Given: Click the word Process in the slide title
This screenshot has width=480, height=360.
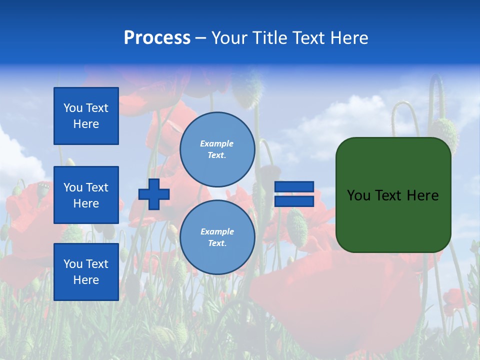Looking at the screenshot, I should (x=157, y=38).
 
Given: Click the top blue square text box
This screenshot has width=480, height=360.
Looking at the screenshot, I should (x=86, y=116).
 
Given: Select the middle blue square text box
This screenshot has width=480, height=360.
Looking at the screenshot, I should (x=86, y=195).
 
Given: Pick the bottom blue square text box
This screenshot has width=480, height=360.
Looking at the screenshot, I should (x=86, y=272).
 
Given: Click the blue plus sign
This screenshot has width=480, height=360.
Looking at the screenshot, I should (x=154, y=194).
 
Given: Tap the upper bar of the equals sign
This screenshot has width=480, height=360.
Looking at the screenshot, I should (x=294, y=186).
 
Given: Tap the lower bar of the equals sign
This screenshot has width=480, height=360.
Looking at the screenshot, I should (x=294, y=201).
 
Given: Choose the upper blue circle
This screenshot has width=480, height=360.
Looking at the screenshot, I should (x=217, y=149).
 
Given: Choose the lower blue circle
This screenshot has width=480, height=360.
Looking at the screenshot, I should (x=217, y=237).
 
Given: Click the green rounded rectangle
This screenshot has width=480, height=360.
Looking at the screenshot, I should (x=393, y=220).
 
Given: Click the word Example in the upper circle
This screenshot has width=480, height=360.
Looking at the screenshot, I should (x=217, y=143).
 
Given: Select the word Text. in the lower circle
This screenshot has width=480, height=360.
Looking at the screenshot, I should (x=217, y=243).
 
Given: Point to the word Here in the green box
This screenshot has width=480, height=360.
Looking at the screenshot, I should (x=422, y=195).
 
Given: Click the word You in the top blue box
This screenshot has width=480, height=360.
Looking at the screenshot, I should (x=72, y=108).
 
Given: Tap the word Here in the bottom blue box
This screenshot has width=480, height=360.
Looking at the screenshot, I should (x=86, y=280).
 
